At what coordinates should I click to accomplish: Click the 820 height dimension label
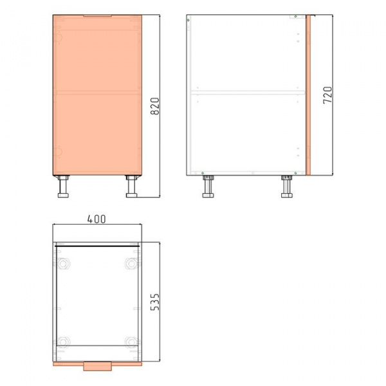(x=155, y=106)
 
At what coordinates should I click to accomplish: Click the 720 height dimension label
(x=327, y=95)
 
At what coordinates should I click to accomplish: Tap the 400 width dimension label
(x=96, y=219)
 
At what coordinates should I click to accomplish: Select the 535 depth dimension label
(x=155, y=302)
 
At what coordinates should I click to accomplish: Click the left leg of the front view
(x=63, y=187)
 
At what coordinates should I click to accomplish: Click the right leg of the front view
(x=131, y=187)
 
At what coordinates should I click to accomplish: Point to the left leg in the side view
(x=208, y=187)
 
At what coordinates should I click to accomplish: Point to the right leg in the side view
(x=287, y=187)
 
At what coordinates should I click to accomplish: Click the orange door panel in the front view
(x=97, y=95)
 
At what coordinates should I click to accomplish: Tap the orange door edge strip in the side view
(x=308, y=95)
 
